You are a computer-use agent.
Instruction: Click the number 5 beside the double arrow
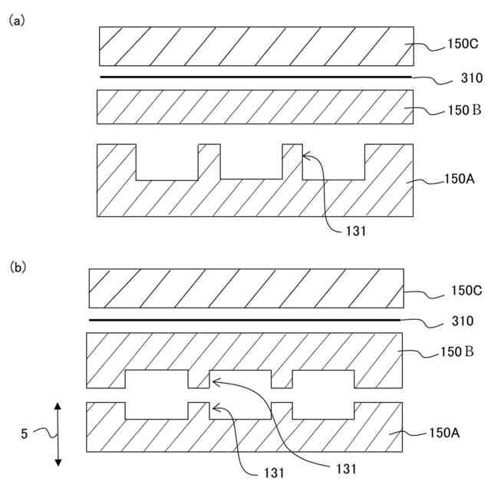coord(25,433)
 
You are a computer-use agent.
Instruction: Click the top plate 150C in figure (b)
coord(245,288)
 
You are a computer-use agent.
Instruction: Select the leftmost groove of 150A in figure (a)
coord(166,161)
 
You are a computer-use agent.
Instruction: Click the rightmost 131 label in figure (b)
coord(347,467)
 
